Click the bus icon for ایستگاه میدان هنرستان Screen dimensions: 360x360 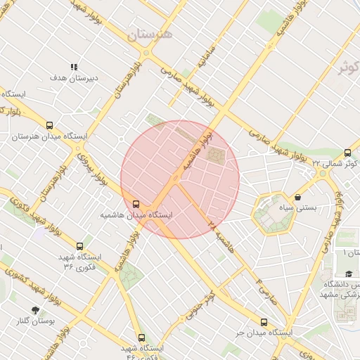tap(49, 125)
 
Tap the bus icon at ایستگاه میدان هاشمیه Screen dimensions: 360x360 tap(136, 204)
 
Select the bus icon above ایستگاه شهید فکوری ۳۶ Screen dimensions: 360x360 tap(79, 247)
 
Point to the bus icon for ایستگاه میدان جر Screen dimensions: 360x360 tap(264, 321)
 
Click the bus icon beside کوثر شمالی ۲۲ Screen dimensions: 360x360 tap(348, 153)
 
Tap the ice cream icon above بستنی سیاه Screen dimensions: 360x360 tap(300, 198)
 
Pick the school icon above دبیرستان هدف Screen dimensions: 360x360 tap(74, 67)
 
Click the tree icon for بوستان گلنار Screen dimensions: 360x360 tap(35, 310)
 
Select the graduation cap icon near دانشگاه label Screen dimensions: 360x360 tap(349, 274)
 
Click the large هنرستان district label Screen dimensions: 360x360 tap(150, 33)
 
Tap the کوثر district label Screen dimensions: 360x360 tap(349, 68)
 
